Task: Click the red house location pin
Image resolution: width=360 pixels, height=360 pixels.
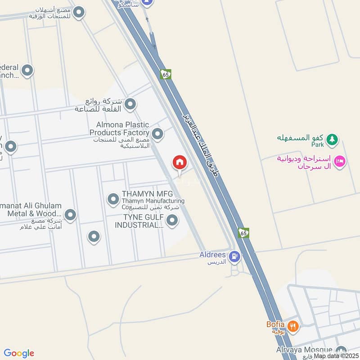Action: click(x=179, y=162)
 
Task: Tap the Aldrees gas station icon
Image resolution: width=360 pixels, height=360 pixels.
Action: click(x=234, y=257)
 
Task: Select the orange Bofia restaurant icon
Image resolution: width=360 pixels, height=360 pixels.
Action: click(x=293, y=326)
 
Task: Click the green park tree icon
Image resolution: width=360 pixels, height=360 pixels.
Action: click(x=332, y=139)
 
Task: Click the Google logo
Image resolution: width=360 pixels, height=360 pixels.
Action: click(x=19, y=353)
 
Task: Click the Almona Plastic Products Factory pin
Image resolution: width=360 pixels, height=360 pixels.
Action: click(x=157, y=134)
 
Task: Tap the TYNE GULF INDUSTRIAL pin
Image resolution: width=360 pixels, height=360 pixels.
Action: click(x=172, y=220)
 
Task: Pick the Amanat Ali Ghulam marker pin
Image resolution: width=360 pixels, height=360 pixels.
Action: click(x=70, y=215)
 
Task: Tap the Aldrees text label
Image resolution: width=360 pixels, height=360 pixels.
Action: click(x=212, y=255)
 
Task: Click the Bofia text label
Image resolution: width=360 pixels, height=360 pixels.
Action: click(x=275, y=324)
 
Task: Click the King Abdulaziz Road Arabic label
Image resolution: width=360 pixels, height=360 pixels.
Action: click(x=200, y=144)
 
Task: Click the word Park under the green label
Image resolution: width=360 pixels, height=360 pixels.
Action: click(x=317, y=145)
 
